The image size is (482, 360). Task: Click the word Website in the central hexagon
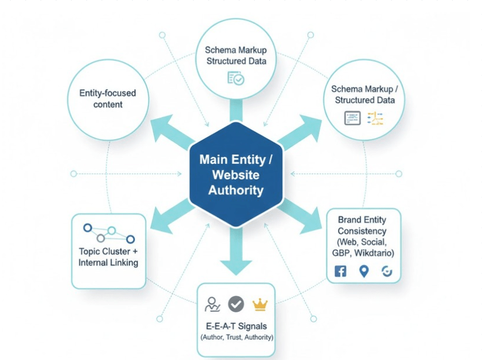click(235, 175)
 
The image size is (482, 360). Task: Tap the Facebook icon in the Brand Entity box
click(341, 271)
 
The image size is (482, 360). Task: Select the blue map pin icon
click(364, 271)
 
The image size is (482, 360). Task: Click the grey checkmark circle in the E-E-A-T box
click(236, 304)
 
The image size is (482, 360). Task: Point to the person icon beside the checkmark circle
click(212, 304)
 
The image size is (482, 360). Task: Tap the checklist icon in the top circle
click(235, 79)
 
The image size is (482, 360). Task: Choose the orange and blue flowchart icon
click(375, 118)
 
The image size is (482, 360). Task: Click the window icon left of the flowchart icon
click(352, 118)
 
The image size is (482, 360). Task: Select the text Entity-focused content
click(108, 99)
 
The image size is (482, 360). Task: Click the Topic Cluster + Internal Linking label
click(108, 257)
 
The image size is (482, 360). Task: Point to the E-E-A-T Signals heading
click(236, 326)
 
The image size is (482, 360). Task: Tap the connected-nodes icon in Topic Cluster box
click(108, 234)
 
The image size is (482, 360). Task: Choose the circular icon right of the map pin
click(387, 271)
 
